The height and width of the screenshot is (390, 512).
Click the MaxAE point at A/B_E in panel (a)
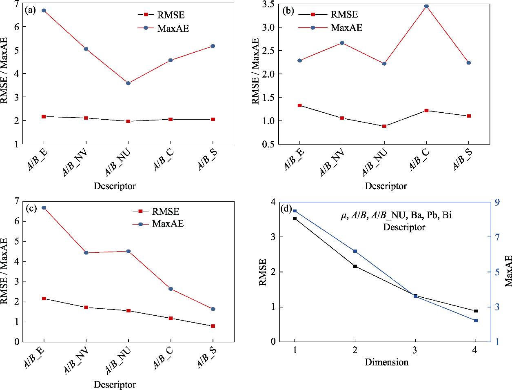[x=44, y=11]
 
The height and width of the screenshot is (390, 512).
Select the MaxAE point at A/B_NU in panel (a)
[x=128, y=83]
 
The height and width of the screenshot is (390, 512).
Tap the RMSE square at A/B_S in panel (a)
[x=213, y=119]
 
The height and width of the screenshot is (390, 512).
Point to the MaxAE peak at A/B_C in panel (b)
[x=426, y=6]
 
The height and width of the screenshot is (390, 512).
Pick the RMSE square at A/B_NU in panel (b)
[x=384, y=126]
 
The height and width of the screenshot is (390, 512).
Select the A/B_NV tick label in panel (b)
[x=332, y=163]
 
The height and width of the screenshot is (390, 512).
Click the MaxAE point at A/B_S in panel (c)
[x=213, y=309]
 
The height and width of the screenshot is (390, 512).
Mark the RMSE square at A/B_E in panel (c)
[x=44, y=299]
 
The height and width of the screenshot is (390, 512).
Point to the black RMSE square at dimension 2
[x=355, y=266]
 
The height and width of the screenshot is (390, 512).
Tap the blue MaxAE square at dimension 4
[x=476, y=321]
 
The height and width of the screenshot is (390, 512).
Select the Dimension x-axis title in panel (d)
[x=386, y=362]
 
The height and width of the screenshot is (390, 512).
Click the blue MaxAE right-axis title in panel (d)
[x=508, y=271]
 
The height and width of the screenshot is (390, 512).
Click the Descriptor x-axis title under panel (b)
[x=386, y=186]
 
